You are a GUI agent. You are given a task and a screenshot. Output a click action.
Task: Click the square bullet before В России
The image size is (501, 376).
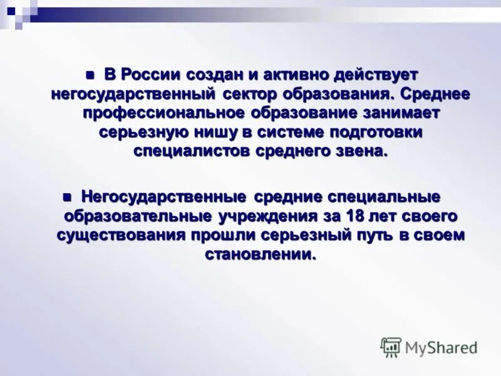pyautogui.click(x=90, y=75)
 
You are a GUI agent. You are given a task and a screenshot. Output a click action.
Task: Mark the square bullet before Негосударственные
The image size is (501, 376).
pyautogui.click(x=68, y=197)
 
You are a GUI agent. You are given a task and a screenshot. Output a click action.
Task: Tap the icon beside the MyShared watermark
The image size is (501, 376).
pyautogui.click(x=391, y=347)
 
